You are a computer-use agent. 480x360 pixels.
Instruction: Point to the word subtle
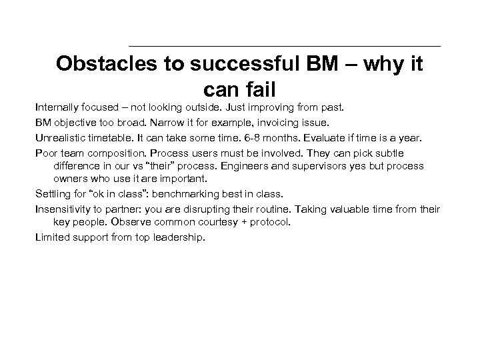point(389,153)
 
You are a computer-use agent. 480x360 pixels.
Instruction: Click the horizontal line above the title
point(284,46)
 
